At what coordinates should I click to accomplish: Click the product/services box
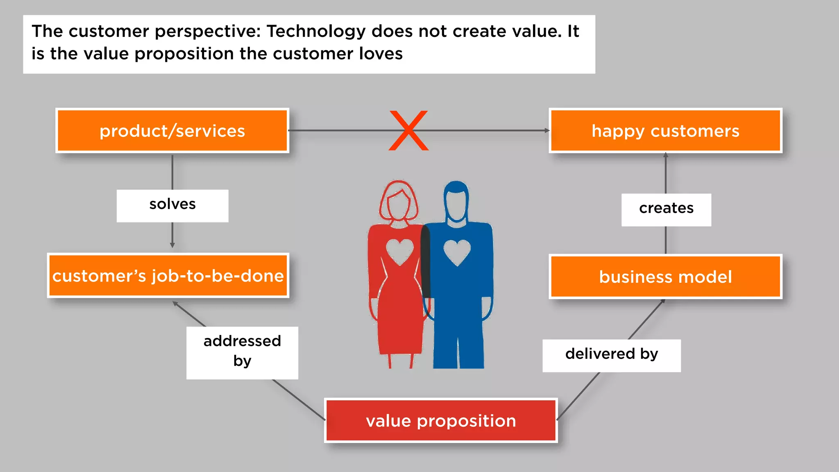tap(172, 131)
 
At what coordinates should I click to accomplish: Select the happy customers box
tap(665, 131)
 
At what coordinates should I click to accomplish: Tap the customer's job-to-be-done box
tap(168, 275)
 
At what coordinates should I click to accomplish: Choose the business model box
tap(665, 277)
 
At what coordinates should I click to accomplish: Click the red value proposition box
tap(441, 421)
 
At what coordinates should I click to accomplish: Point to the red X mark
tap(408, 130)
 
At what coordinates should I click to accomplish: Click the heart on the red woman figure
tap(400, 251)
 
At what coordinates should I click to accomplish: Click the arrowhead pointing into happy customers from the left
tap(546, 130)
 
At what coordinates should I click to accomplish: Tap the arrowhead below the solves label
tap(172, 245)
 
